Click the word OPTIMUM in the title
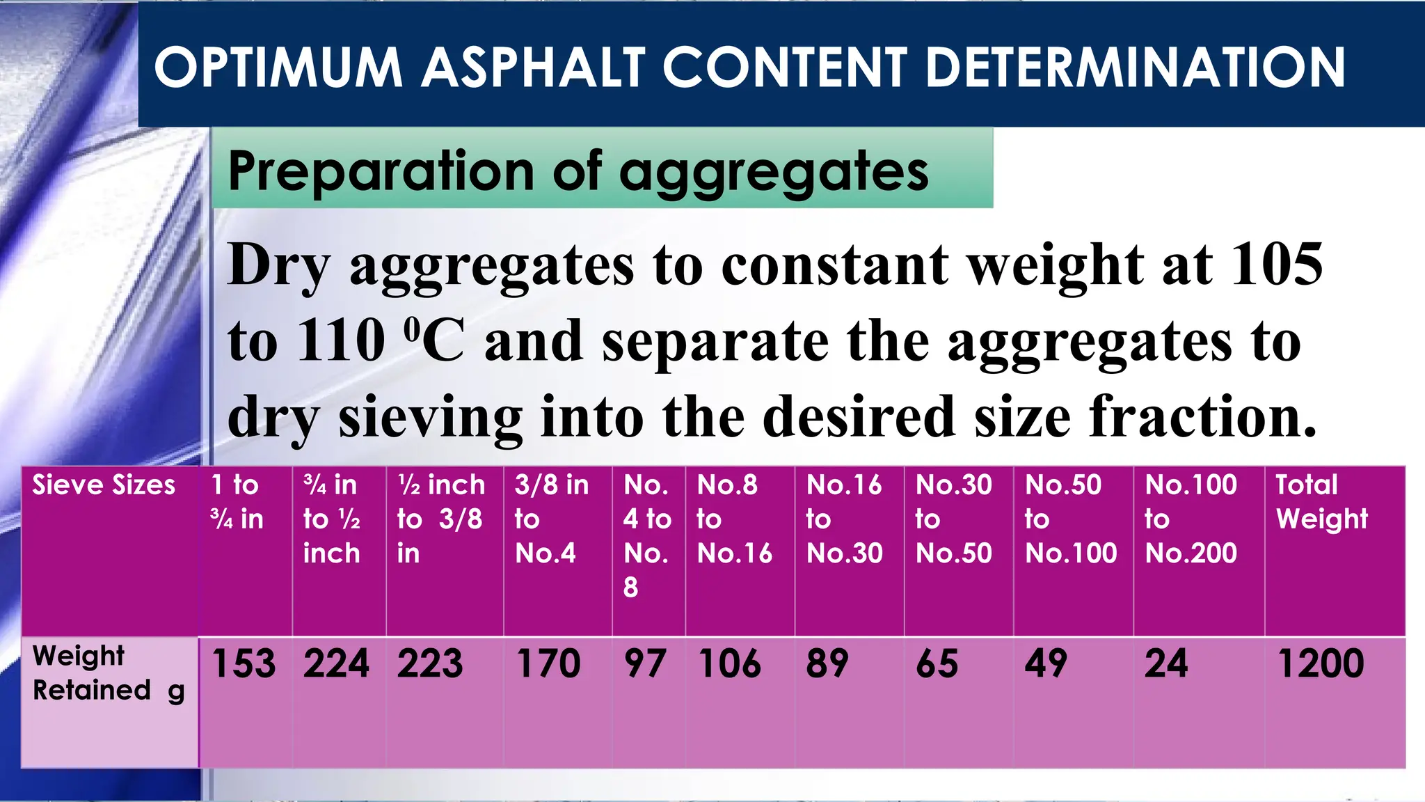[x=278, y=68]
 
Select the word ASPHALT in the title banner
[x=533, y=68]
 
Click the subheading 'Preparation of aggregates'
[x=578, y=171]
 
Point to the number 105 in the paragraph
[x=1277, y=265]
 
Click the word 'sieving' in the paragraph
[x=430, y=416]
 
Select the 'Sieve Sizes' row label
[x=104, y=485]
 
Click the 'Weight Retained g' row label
[x=108, y=673]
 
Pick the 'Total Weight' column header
[x=1321, y=502]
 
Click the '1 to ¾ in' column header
[x=237, y=502]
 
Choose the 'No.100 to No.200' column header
[x=1191, y=519]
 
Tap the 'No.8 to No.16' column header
[x=734, y=519]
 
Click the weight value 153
[x=244, y=663]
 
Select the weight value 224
[x=336, y=663]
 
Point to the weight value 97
[x=644, y=663]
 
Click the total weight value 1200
[x=1320, y=663]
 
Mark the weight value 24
[x=1166, y=663]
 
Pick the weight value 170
[x=548, y=663]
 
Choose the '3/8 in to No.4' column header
[x=551, y=519]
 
